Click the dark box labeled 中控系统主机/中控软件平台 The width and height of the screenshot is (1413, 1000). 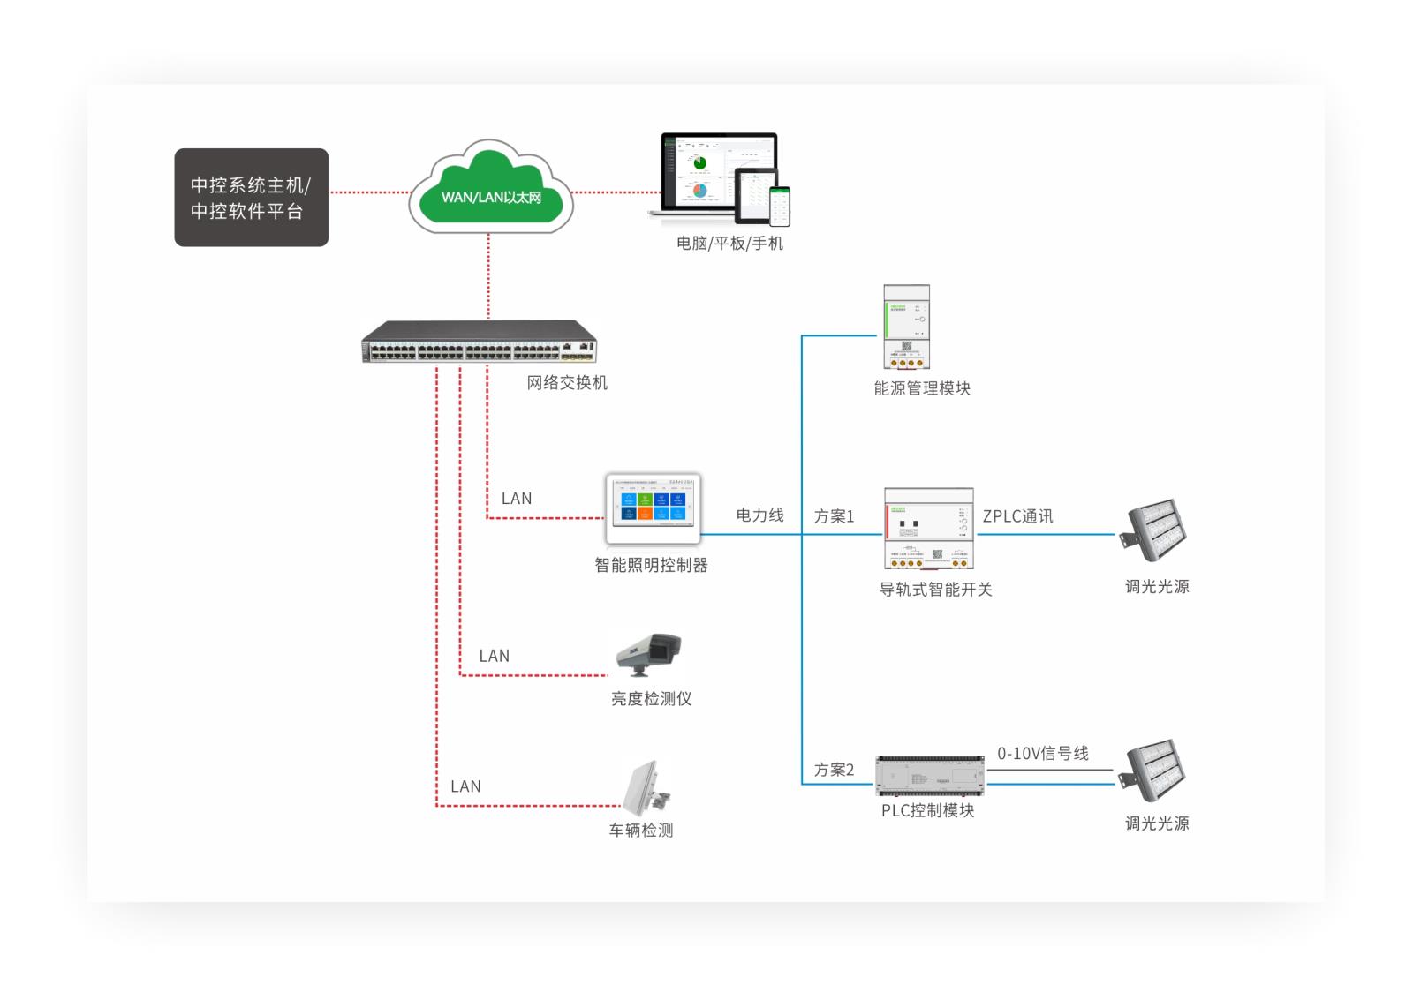(x=251, y=197)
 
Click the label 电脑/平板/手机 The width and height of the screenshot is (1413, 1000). (x=729, y=244)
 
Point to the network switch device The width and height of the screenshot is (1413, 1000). (x=479, y=342)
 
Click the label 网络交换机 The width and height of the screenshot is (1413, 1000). (x=567, y=383)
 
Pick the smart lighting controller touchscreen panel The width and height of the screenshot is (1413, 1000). (x=653, y=509)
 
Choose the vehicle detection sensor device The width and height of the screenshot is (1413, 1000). (x=646, y=789)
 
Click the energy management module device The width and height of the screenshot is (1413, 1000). (x=907, y=327)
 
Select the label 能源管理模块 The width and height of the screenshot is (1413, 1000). (x=922, y=388)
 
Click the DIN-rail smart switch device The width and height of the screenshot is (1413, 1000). (x=929, y=529)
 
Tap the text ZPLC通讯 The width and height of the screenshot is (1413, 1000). (x=1017, y=516)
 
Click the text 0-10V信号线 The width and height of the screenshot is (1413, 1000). (x=1043, y=754)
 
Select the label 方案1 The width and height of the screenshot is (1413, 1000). (x=834, y=516)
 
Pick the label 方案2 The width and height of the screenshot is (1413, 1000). (x=834, y=770)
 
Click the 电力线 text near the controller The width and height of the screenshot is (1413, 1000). (x=759, y=515)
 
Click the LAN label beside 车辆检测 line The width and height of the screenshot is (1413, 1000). (x=465, y=786)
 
